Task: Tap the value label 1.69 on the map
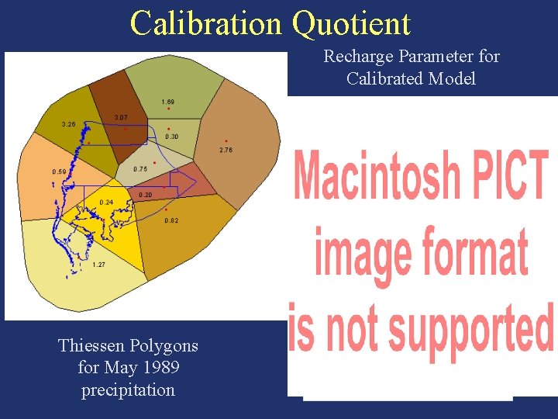pos(167,102)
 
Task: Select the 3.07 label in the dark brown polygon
pos(121,117)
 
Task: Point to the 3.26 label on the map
pos(68,124)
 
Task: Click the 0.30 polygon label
pos(171,137)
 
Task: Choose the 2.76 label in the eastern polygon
pos(225,150)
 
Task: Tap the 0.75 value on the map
pos(140,169)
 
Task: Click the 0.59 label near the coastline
pos(58,171)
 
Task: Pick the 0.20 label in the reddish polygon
pos(145,195)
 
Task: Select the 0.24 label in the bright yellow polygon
pos(106,203)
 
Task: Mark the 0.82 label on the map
pos(171,221)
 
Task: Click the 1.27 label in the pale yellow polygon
pos(99,265)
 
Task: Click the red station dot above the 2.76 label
pos(226,140)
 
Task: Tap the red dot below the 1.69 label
pos(168,109)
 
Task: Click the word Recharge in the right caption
pos(355,57)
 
